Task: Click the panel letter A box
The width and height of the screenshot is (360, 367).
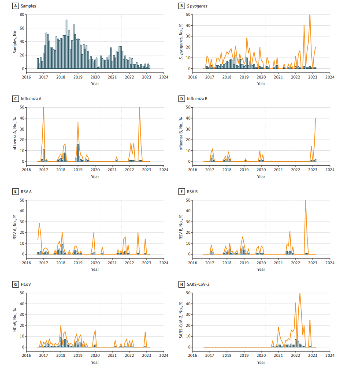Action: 16,6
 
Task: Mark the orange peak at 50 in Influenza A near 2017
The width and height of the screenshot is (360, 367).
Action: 43,108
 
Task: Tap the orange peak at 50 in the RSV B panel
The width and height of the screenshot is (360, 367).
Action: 305,201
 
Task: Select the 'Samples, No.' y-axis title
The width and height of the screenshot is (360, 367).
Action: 15,42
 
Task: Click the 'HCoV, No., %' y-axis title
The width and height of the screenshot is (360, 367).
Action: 15,320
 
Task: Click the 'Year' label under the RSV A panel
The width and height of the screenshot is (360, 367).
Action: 95,269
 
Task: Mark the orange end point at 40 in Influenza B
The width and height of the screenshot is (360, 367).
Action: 315,118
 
